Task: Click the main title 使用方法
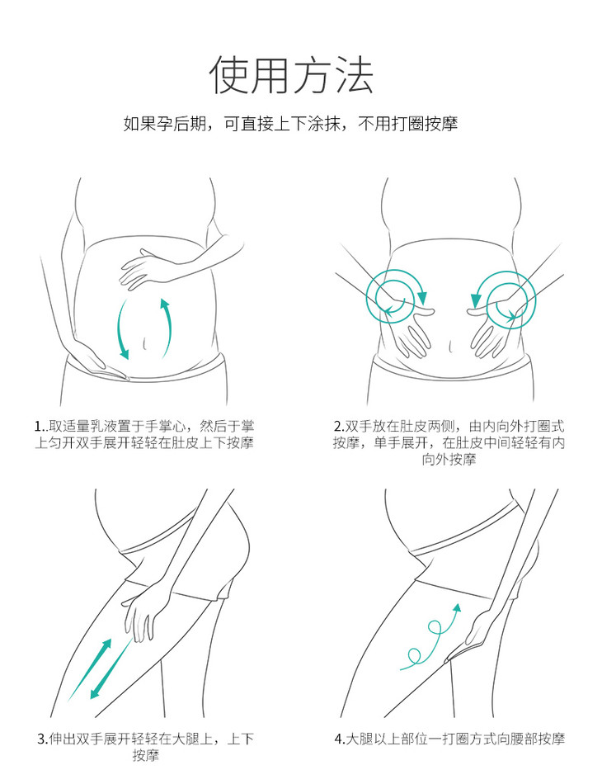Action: pyautogui.click(x=291, y=75)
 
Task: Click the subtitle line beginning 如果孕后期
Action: pyautogui.click(x=291, y=124)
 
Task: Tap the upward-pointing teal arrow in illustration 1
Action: pyautogui.click(x=167, y=328)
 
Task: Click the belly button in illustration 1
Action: pyautogui.click(x=145, y=343)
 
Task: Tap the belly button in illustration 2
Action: pyautogui.click(x=450, y=346)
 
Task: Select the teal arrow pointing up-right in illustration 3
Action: pyautogui.click(x=90, y=669)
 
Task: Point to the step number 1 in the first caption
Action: pyautogui.click(x=38, y=427)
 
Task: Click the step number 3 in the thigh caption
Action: pyautogui.click(x=41, y=739)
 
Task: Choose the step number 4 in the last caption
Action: pyautogui.click(x=338, y=739)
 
